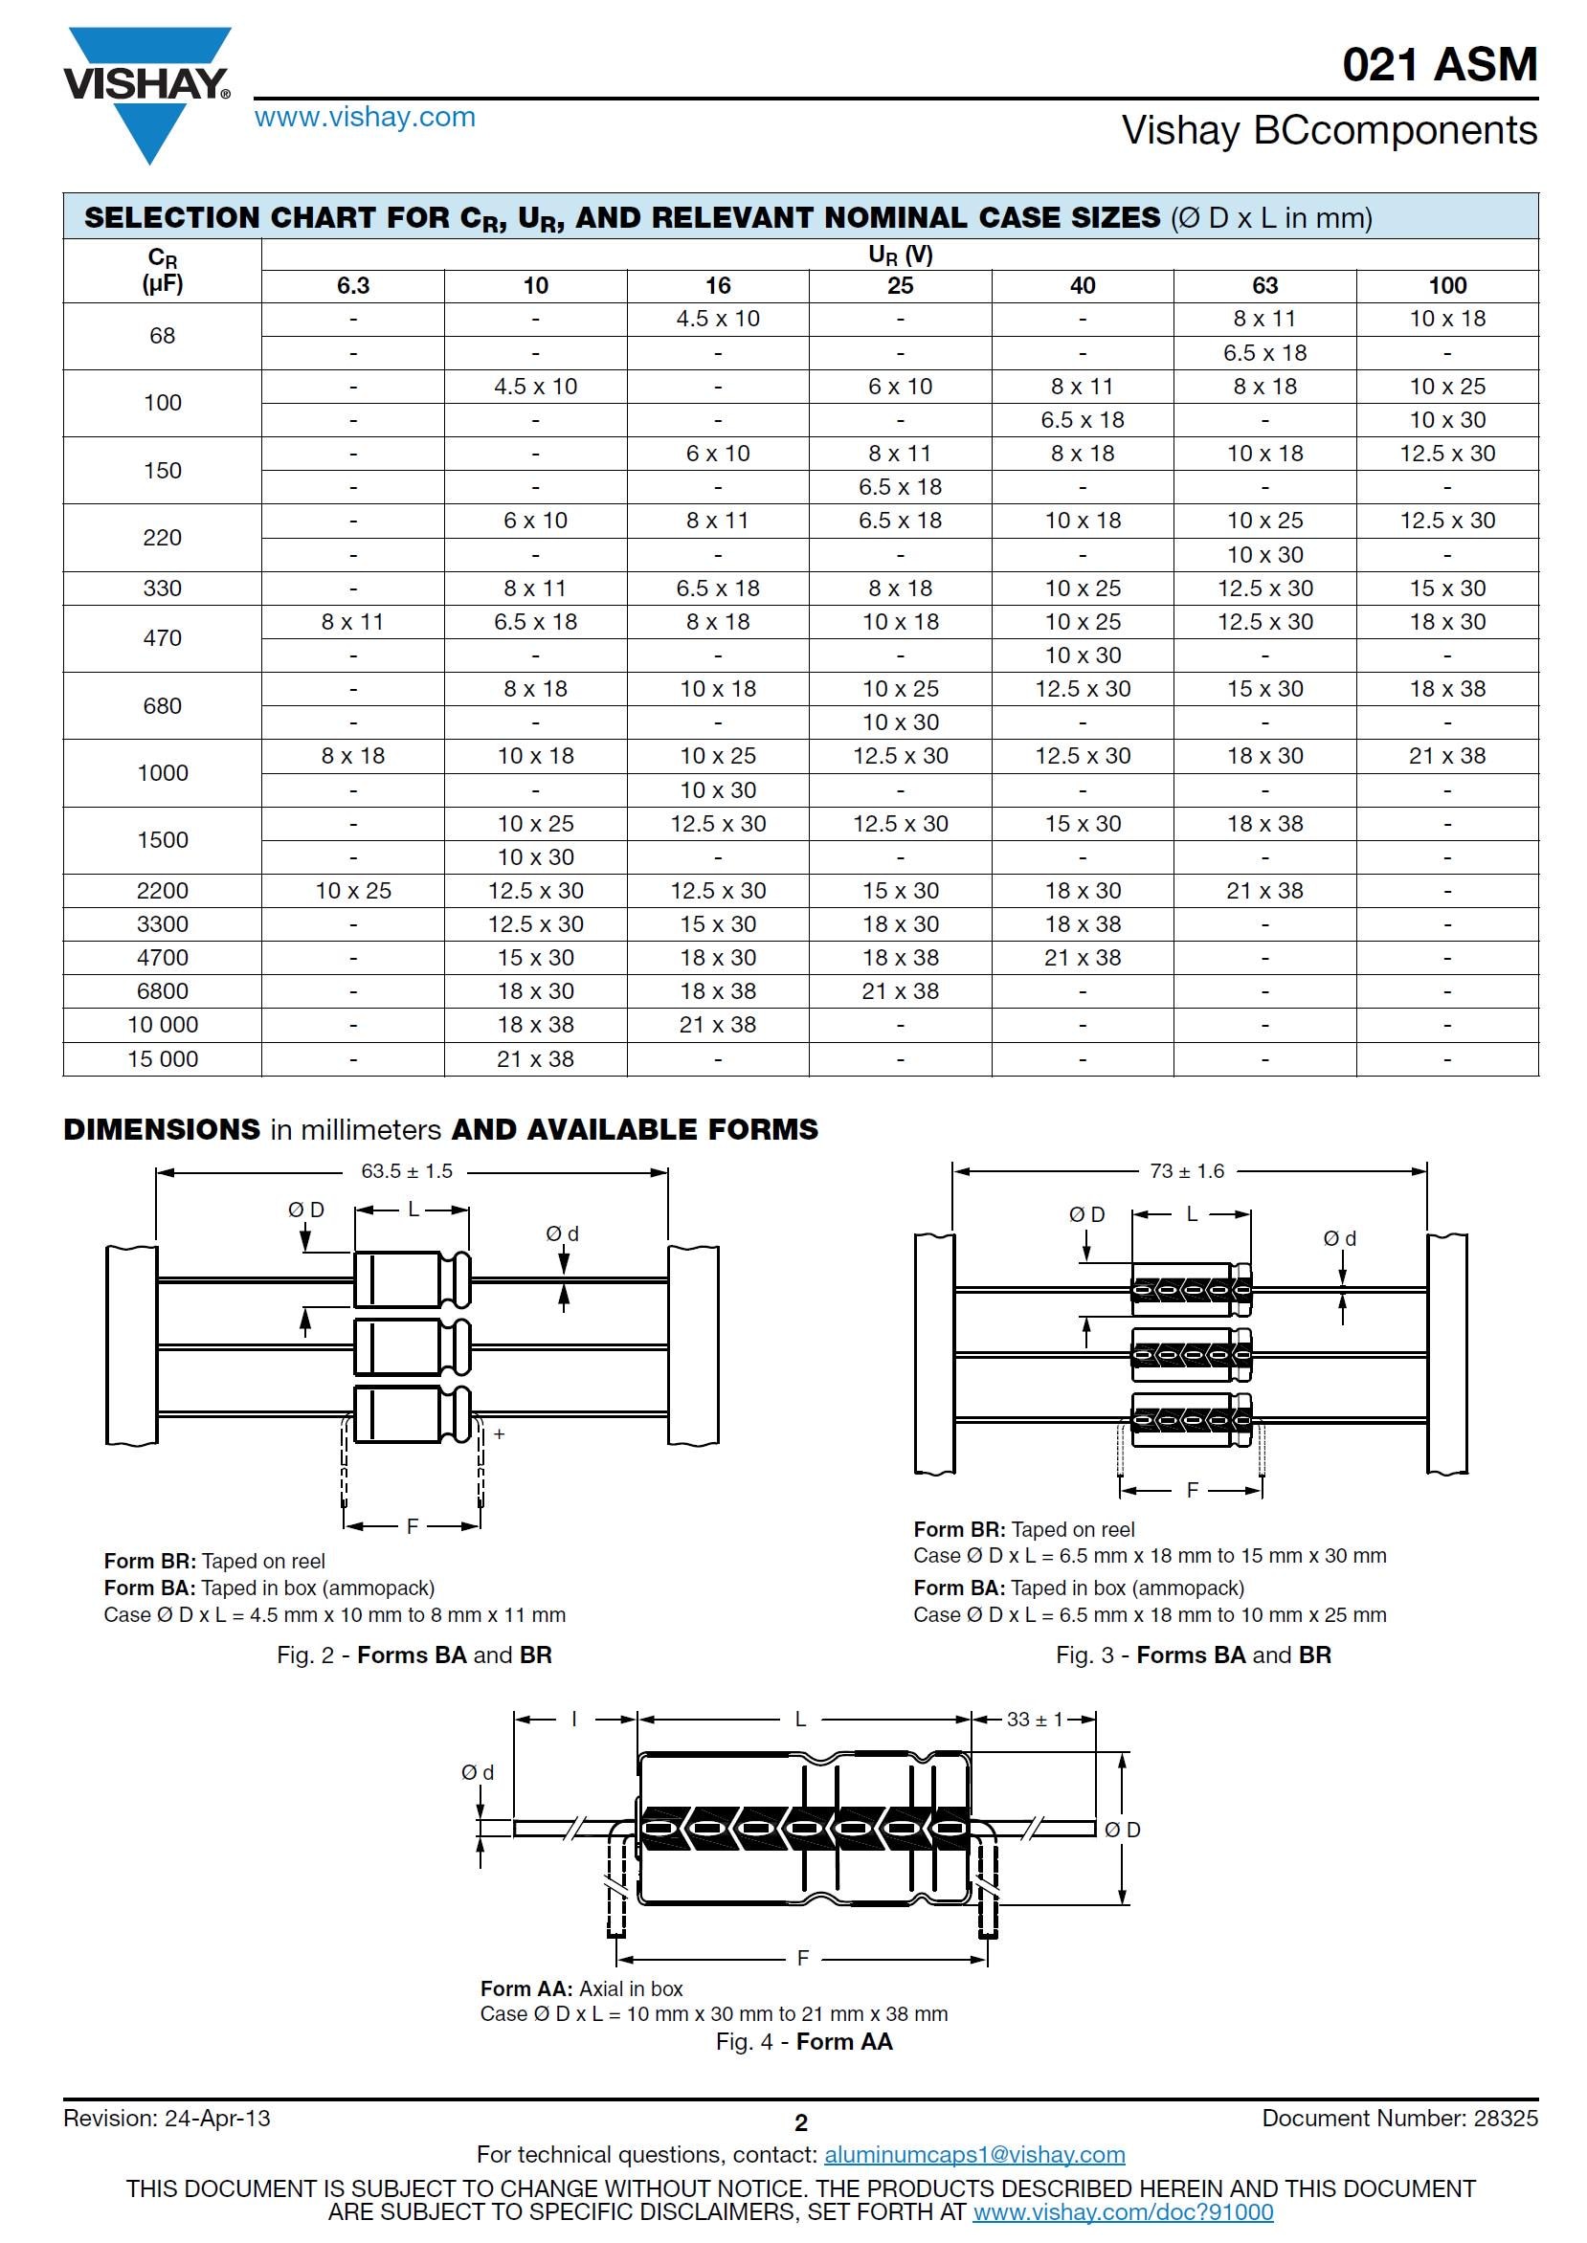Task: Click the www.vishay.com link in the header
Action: coord(365,118)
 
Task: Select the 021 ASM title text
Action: coord(1440,64)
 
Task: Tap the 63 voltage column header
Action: coord(1264,285)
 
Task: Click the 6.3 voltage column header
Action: coord(353,285)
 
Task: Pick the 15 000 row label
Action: coord(162,1059)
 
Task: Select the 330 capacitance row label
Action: coord(162,589)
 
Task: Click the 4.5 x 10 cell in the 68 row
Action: coord(717,319)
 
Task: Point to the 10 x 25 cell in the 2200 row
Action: coord(353,891)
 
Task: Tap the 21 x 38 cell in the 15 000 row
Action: coord(535,1059)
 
